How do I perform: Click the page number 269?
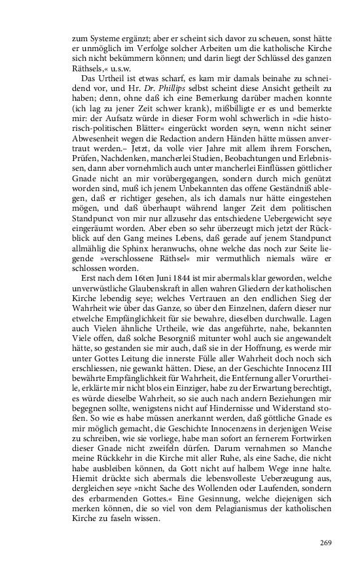point(325,542)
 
